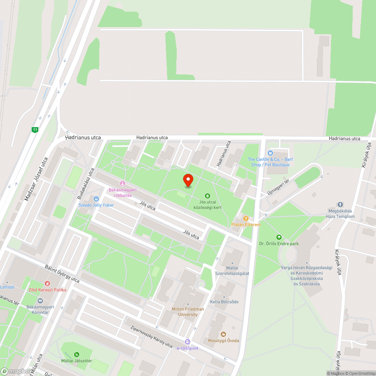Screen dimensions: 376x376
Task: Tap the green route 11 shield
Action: (35, 130)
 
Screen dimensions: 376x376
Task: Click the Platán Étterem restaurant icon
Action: (246, 218)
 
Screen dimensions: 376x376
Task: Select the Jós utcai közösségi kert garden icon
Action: (207, 196)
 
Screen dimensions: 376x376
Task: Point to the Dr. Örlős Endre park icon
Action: (279, 237)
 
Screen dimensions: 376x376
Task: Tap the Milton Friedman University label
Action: (188, 311)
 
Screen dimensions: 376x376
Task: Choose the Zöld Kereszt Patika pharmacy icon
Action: (47, 284)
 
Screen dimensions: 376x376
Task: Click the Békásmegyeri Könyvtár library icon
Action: (40, 301)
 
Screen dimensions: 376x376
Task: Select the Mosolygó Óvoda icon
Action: (223, 334)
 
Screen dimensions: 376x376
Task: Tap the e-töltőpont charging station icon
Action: (188, 342)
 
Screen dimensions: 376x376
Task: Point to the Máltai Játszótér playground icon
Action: (77, 354)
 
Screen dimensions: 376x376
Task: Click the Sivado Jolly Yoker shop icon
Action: (96, 199)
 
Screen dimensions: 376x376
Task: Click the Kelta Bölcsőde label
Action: (224, 302)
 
